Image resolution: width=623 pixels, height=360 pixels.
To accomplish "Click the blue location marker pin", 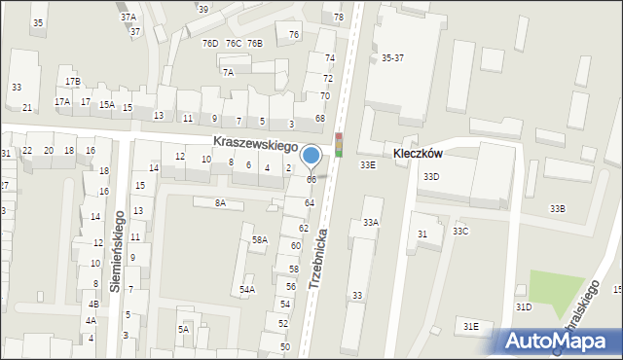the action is pos(311,156).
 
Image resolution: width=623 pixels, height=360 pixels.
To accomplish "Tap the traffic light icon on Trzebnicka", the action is pos(339,145).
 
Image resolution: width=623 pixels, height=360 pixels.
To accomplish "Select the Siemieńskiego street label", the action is pos(116,250).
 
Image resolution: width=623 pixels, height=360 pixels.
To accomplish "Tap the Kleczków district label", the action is pos(419,154).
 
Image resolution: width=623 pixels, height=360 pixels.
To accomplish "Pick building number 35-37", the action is pos(393,58).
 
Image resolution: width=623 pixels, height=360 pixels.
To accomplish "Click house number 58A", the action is pos(260,239).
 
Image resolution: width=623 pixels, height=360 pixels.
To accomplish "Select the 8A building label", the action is pos(220,202).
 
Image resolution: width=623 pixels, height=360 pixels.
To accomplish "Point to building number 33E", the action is pos(367,165).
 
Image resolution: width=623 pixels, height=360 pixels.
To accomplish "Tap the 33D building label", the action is pos(430,177).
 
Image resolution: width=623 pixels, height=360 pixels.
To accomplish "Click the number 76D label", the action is pos(209,44).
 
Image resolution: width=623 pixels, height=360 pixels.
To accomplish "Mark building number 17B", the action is pos(73,82).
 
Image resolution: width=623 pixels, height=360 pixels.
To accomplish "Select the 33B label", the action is pos(557,209).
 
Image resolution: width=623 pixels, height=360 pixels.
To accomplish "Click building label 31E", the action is pos(471,326).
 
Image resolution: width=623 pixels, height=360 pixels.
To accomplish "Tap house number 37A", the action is pos(128,18).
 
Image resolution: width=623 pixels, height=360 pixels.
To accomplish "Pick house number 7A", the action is pos(228,72).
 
